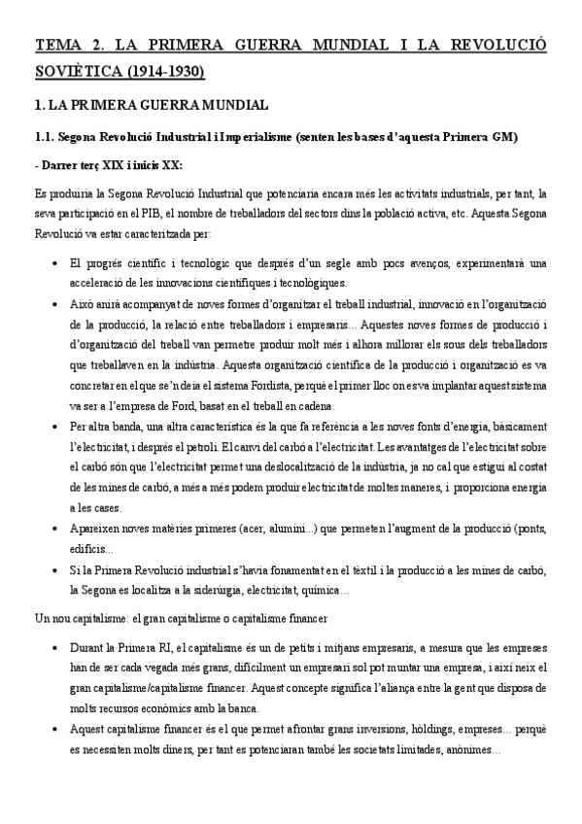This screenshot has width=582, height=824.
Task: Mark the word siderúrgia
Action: tap(232, 589)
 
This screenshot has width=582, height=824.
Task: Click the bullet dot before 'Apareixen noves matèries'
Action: tap(51, 529)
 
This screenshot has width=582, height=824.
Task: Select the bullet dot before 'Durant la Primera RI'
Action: tap(51, 645)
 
